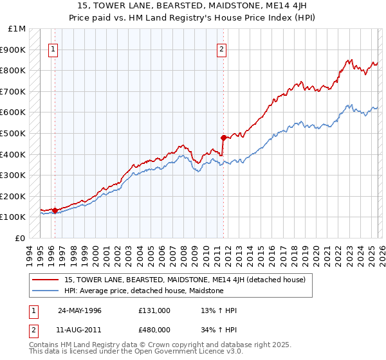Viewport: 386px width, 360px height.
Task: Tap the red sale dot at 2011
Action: tap(223, 137)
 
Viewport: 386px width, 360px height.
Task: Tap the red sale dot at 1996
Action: tap(55, 210)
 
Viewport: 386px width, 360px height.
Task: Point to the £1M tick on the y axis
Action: tap(17, 29)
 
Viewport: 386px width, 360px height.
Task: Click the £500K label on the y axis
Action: tap(14, 134)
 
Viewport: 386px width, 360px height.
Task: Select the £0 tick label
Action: tap(20, 238)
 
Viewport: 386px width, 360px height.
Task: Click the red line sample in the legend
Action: tap(47, 280)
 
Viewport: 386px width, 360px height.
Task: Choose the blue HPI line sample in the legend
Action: tap(47, 291)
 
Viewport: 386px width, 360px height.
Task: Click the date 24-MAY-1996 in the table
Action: tap(79, 310)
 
